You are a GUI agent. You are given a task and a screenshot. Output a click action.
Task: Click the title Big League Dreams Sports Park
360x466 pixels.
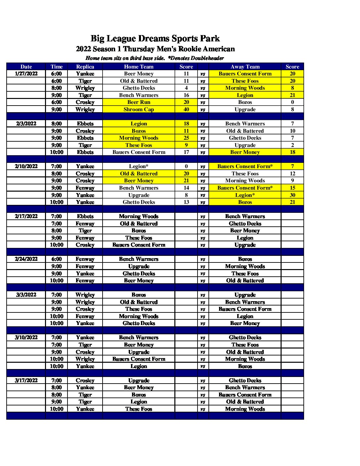(155, 38)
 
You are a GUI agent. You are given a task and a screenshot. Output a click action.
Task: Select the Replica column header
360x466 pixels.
(85, 67)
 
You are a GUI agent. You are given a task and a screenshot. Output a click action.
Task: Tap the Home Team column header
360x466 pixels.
(139, 67)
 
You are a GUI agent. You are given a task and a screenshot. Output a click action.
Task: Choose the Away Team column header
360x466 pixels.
(245, 67)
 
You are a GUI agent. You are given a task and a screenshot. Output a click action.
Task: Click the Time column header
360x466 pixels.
(57, 67)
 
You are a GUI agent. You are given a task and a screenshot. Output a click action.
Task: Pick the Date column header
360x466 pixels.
(26, 67)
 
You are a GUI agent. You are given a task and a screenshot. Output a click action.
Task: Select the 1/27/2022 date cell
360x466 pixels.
(26, 74)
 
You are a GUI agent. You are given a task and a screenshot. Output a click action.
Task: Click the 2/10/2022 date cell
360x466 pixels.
(26, 166)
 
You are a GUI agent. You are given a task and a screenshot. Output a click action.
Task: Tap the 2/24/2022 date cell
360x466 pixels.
(26, 259)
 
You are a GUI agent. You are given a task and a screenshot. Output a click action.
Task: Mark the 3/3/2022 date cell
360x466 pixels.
(26, 295)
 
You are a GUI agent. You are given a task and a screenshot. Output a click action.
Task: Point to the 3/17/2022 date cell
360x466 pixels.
(26, 381)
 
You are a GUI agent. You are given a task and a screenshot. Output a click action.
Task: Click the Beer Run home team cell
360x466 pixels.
(139, 102)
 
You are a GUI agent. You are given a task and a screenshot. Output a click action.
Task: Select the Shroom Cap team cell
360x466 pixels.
(139, 110)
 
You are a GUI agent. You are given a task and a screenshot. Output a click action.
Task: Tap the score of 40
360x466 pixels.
(186, 110)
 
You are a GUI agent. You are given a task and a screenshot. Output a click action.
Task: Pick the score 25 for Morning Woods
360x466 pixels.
(186, 138)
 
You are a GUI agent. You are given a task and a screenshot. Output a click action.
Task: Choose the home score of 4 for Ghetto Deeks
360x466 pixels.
(186, 88)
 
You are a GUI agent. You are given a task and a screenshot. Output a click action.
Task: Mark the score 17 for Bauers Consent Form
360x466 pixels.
(186, 152)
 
